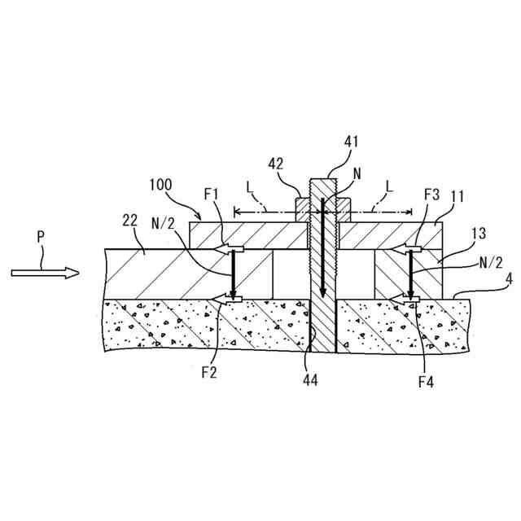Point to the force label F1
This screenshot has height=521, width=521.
coord(213,195)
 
